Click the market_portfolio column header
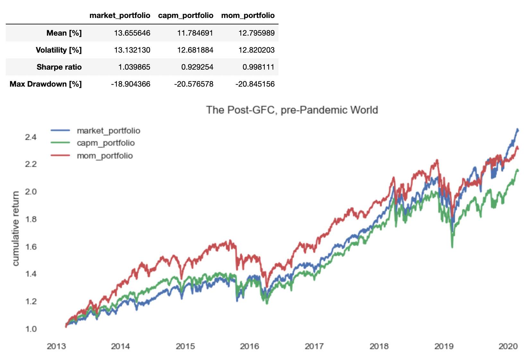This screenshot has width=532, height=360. tap(120, 15)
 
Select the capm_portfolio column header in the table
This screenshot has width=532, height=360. tap(185, 15)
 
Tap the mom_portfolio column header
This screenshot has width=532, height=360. tap(248, 15)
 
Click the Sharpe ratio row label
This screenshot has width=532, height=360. tap(59, 67)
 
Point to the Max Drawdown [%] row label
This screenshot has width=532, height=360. tap(46, 84)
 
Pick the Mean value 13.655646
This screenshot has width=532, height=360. tap(132, 33)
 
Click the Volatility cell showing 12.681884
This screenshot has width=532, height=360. tap(195, 50)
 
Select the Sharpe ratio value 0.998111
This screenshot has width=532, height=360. tap(258, 67)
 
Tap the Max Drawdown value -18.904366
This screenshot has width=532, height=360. tap(131, 84)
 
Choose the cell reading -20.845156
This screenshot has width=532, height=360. tap(255, 84)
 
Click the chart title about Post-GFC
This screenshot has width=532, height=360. tap(292, 110)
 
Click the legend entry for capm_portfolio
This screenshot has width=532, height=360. tap(106, 143)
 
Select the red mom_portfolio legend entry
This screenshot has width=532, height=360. tap(105, 156)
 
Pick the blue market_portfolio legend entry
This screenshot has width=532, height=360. tap(108, 131)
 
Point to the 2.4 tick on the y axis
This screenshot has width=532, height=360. tap(31, 137)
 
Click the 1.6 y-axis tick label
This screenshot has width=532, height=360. tap(31, 247)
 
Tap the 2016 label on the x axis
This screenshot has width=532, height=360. tap(249, 347)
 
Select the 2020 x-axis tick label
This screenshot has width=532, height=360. tap(508, 347)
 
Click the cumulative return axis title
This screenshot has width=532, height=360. tap(15, 228)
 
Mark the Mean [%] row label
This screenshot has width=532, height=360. tap(64, 33)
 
